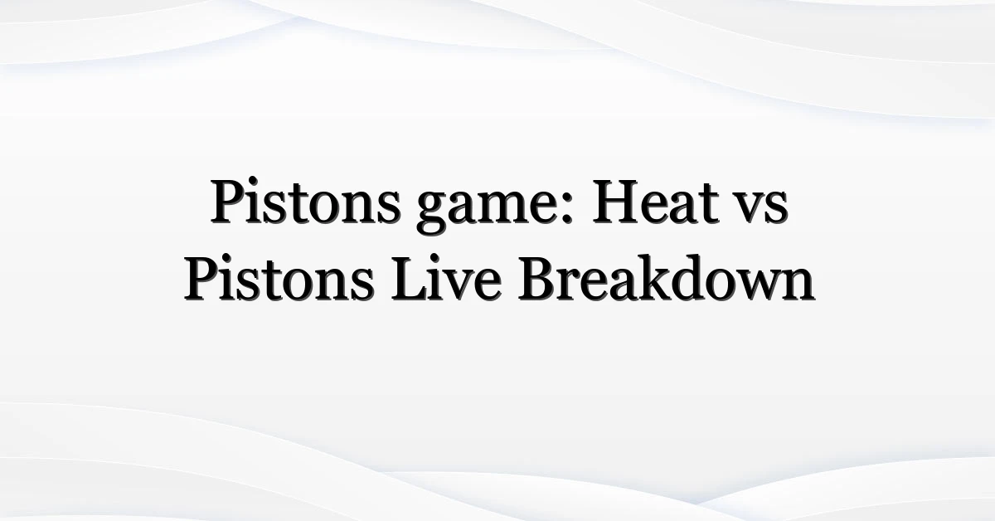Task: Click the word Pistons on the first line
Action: [305, 201]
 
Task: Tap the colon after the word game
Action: [565, 206]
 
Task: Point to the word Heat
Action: [656, 201]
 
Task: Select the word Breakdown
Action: [667, 278]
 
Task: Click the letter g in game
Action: [432, 211]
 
